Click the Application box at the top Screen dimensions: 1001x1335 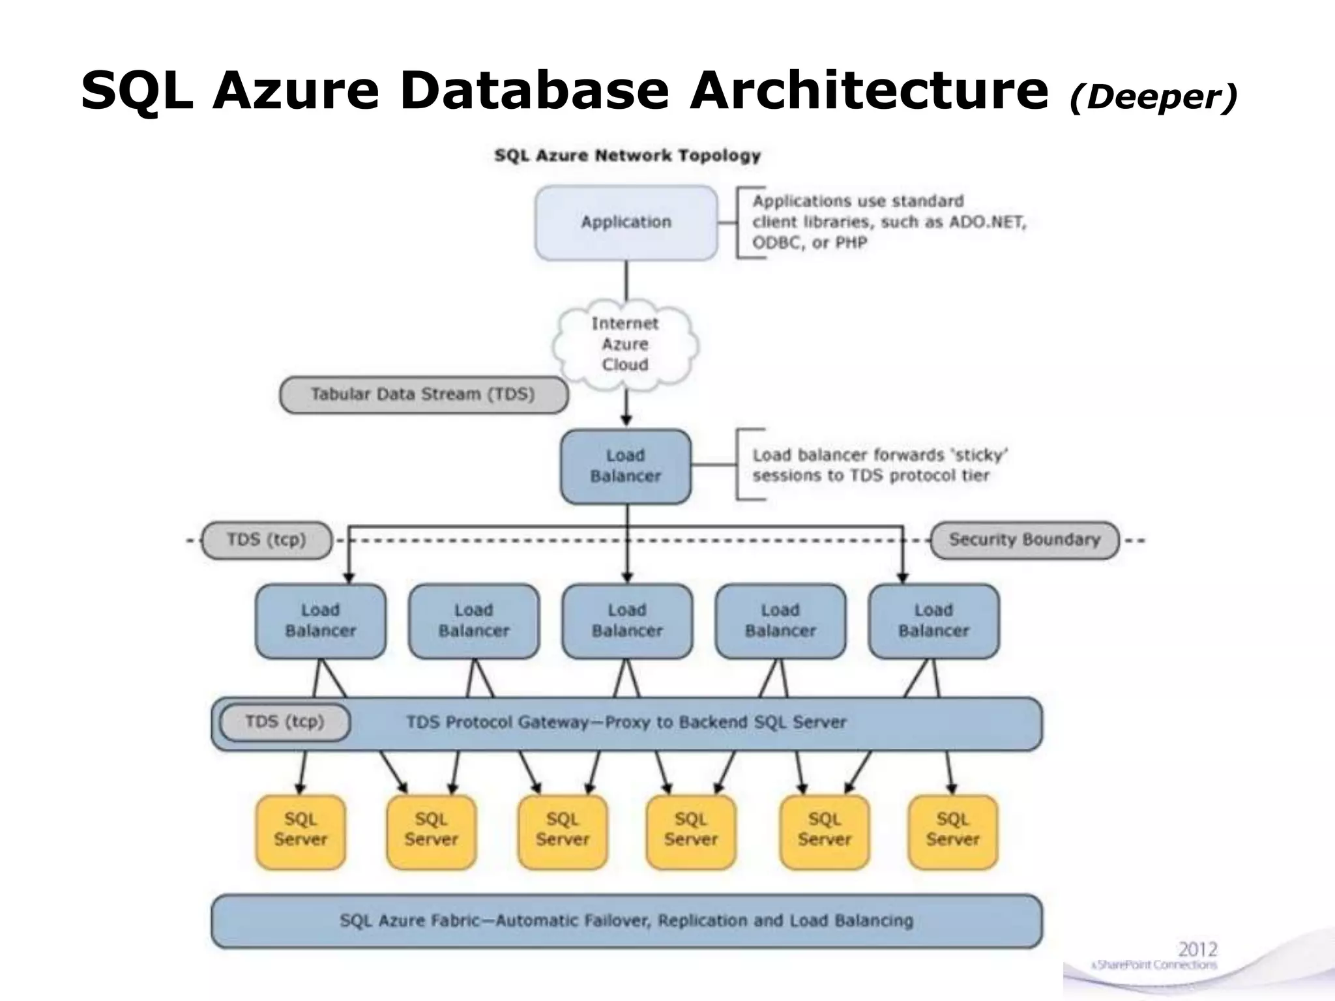coord(626,222)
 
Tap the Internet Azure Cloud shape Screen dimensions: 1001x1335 coord(624,344)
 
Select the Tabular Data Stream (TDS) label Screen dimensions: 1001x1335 coord(423,395)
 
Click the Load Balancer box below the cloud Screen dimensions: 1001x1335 coord(625,466)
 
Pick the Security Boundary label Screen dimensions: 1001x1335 coord(1024,540)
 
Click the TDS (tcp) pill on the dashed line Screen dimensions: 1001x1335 coord(267,540)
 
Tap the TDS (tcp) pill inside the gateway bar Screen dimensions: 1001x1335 coord(285,722)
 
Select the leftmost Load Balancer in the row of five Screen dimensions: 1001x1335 coord(320,620)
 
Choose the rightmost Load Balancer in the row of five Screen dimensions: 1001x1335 coord(933,620)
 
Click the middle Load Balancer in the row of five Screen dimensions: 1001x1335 coord(627,620)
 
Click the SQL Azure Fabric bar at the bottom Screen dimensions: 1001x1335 coord(626,921)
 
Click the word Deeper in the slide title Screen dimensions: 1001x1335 coord(1152,98)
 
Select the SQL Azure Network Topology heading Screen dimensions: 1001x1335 coord(627,156)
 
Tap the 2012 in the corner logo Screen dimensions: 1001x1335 coord(1197,949)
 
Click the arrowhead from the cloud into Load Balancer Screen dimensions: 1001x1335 coord(626,420)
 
